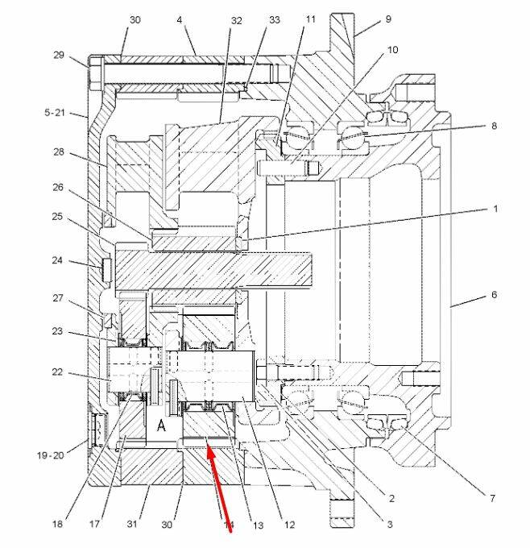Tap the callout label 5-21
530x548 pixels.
[x=55, y=114]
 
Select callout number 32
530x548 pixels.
[x=235, y=20]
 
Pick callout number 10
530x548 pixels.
[x=392, y=50]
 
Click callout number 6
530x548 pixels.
[x=494, y=296]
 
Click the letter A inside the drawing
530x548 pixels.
[x=161, y=426]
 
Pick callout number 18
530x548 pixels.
[x=57, y=524]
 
